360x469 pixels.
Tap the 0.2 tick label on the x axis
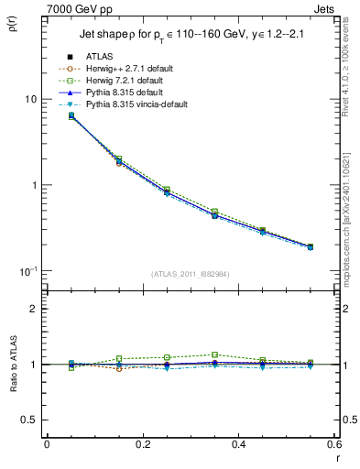[x=142, y=444]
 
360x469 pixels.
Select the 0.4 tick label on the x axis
[x=238, y=444]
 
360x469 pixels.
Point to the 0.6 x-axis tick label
[x=333, y=444]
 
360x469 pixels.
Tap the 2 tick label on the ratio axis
[x=34, y=310]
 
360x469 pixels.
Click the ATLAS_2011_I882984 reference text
[x=190, y=273]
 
